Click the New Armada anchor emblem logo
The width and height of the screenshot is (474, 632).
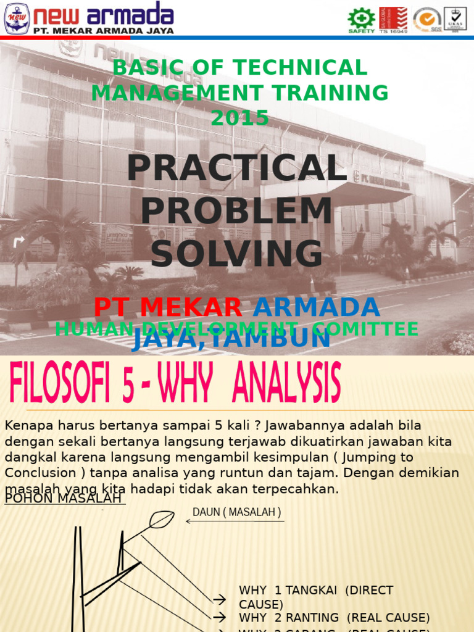pyautogui.click(x=17, y=18)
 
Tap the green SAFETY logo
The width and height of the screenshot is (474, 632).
pyautogui.click(x=361, y=20)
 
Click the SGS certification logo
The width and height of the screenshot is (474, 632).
pyautogui.click(x=427, y=20)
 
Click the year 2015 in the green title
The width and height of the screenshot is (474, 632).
pyautogui.click(x=239, y=117)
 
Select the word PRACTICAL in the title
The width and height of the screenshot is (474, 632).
pyautogui.click(x=236, y=168)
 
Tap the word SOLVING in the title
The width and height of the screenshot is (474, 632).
pyautogui.click(x=236, y=254)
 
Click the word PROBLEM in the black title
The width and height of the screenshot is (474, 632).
pyautogui.click(x=236, y=211)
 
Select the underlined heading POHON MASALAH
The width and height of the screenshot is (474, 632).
pyautogui.click(x=65, y=498)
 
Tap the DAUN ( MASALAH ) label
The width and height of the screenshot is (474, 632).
pyautogui.click(x=236, y=512)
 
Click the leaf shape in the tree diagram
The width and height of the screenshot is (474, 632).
pyautogui.click(x=161, y=520)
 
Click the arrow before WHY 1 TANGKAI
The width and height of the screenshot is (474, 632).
pyautogui.click(x=219, y=599)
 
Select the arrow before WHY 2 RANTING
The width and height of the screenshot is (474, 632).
pyautogui.click(x=219, y=617)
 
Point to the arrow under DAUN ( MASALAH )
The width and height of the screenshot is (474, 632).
pyautogui.click(x=235, y=522)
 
